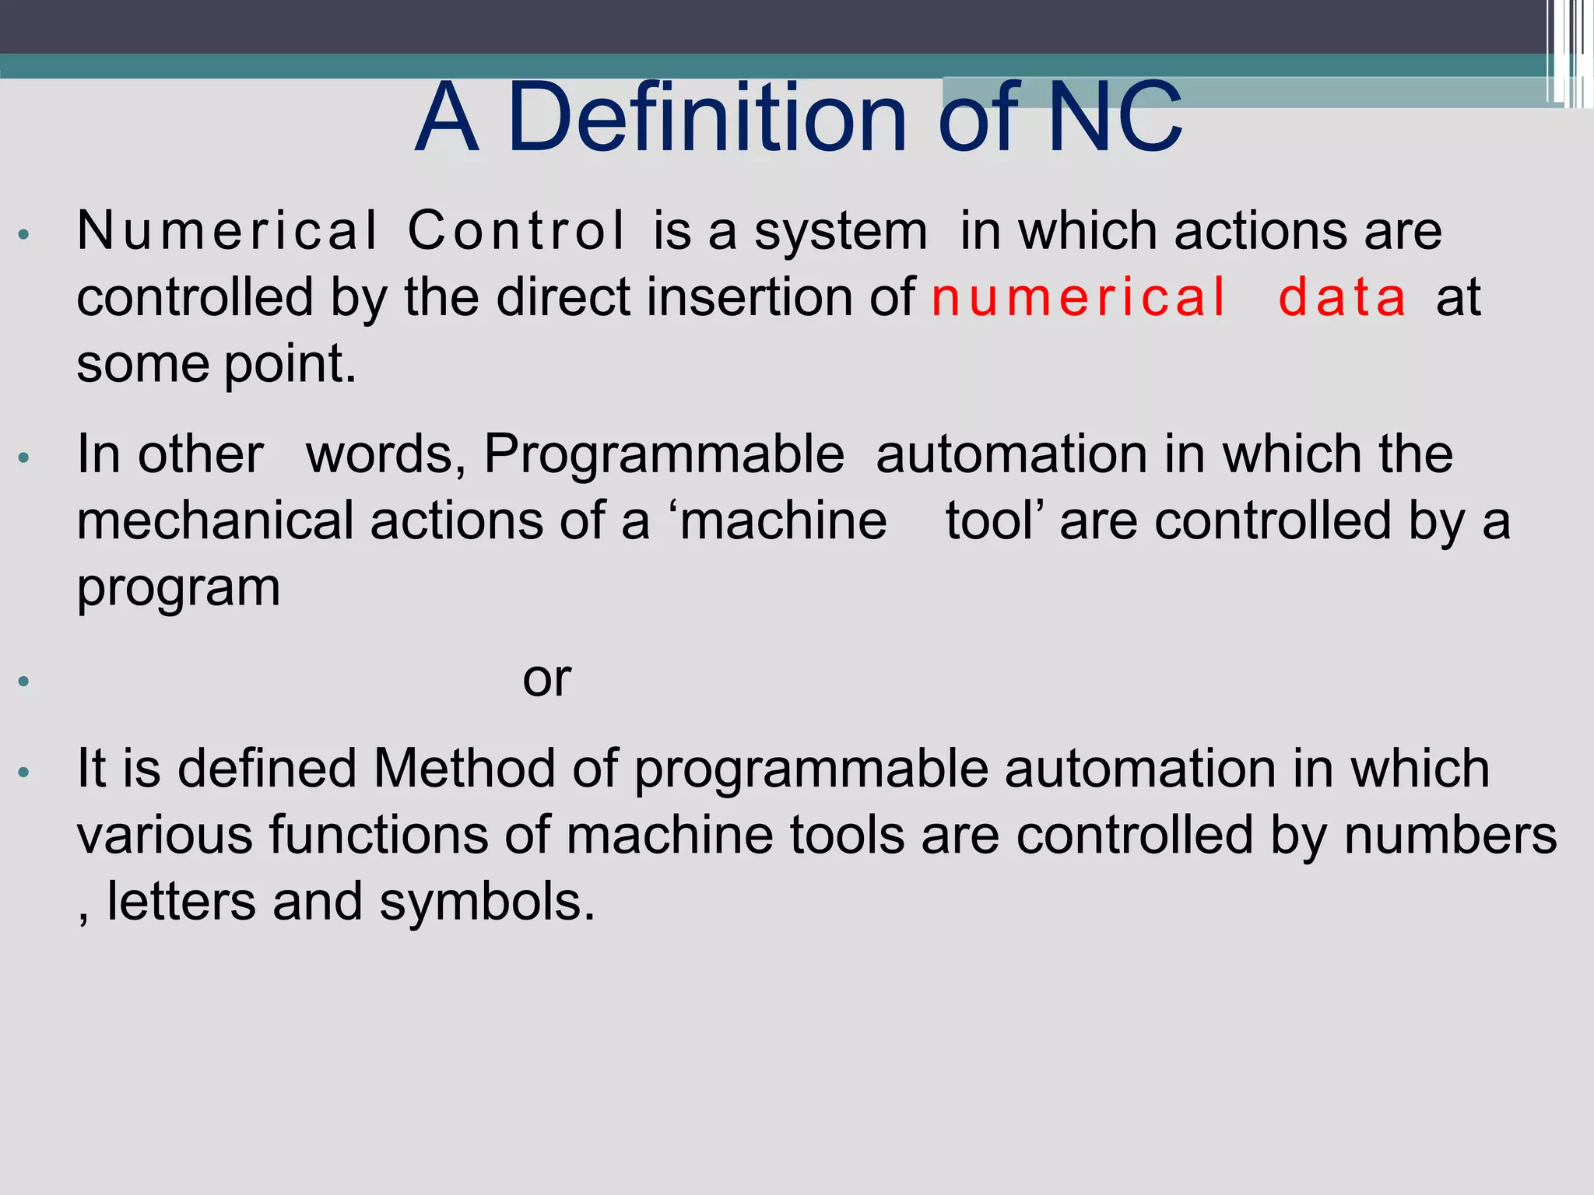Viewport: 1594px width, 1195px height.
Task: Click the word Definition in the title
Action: pyautogui.click(x=707, y=118)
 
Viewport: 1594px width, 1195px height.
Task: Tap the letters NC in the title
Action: pyautogui.click(x=1115, y=118)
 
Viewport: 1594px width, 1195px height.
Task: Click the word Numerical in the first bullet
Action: pyautogui.click(x=227, y=231)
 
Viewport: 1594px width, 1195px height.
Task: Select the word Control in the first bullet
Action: pyautogui.click(x=516, y=231)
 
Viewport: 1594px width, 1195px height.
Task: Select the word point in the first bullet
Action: pyautogui.click(x=290, y=366)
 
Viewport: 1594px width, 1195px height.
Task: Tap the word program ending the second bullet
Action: pyautogui.click(x=178, y=590)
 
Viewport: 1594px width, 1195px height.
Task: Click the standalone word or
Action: pyautogui.click(x=546, y=679)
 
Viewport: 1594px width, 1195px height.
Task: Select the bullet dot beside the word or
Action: pyautogui.click(x=24, y=682)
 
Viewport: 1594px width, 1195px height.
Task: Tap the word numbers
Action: pyautogui.click(x=1450, y=835)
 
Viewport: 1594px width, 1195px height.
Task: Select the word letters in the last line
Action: pyautogui.click(x=181, y=902)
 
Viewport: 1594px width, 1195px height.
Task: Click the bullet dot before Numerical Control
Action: pyautogui.click(x=24, y=234)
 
